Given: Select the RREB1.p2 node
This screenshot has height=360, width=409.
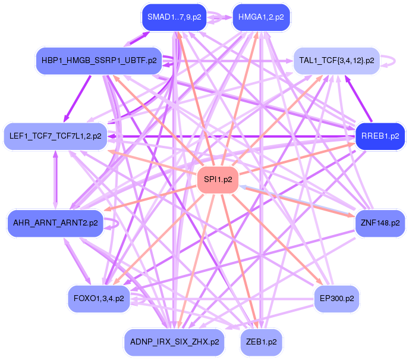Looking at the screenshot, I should (x=380, y=136).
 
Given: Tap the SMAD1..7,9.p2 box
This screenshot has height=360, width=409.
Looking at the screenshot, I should (x=174, y=17).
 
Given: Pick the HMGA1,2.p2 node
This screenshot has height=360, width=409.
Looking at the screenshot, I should (x=261, y=17).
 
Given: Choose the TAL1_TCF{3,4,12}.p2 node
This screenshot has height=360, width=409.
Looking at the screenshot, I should (x=336, y=61).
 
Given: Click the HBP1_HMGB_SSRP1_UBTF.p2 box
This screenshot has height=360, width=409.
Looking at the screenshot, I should (x=99, y=61).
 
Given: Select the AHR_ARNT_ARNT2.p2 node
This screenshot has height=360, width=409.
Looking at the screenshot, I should (x=55, y=223).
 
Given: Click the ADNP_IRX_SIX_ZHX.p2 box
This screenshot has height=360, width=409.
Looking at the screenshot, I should (x=174, y=342).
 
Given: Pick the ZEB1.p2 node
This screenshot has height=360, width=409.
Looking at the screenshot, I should (x=261, y=342).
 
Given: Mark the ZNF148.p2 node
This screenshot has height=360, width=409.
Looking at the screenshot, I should (x=380, y=223).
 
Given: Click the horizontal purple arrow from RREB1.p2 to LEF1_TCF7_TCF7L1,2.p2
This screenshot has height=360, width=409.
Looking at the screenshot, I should (x=232, y=136).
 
